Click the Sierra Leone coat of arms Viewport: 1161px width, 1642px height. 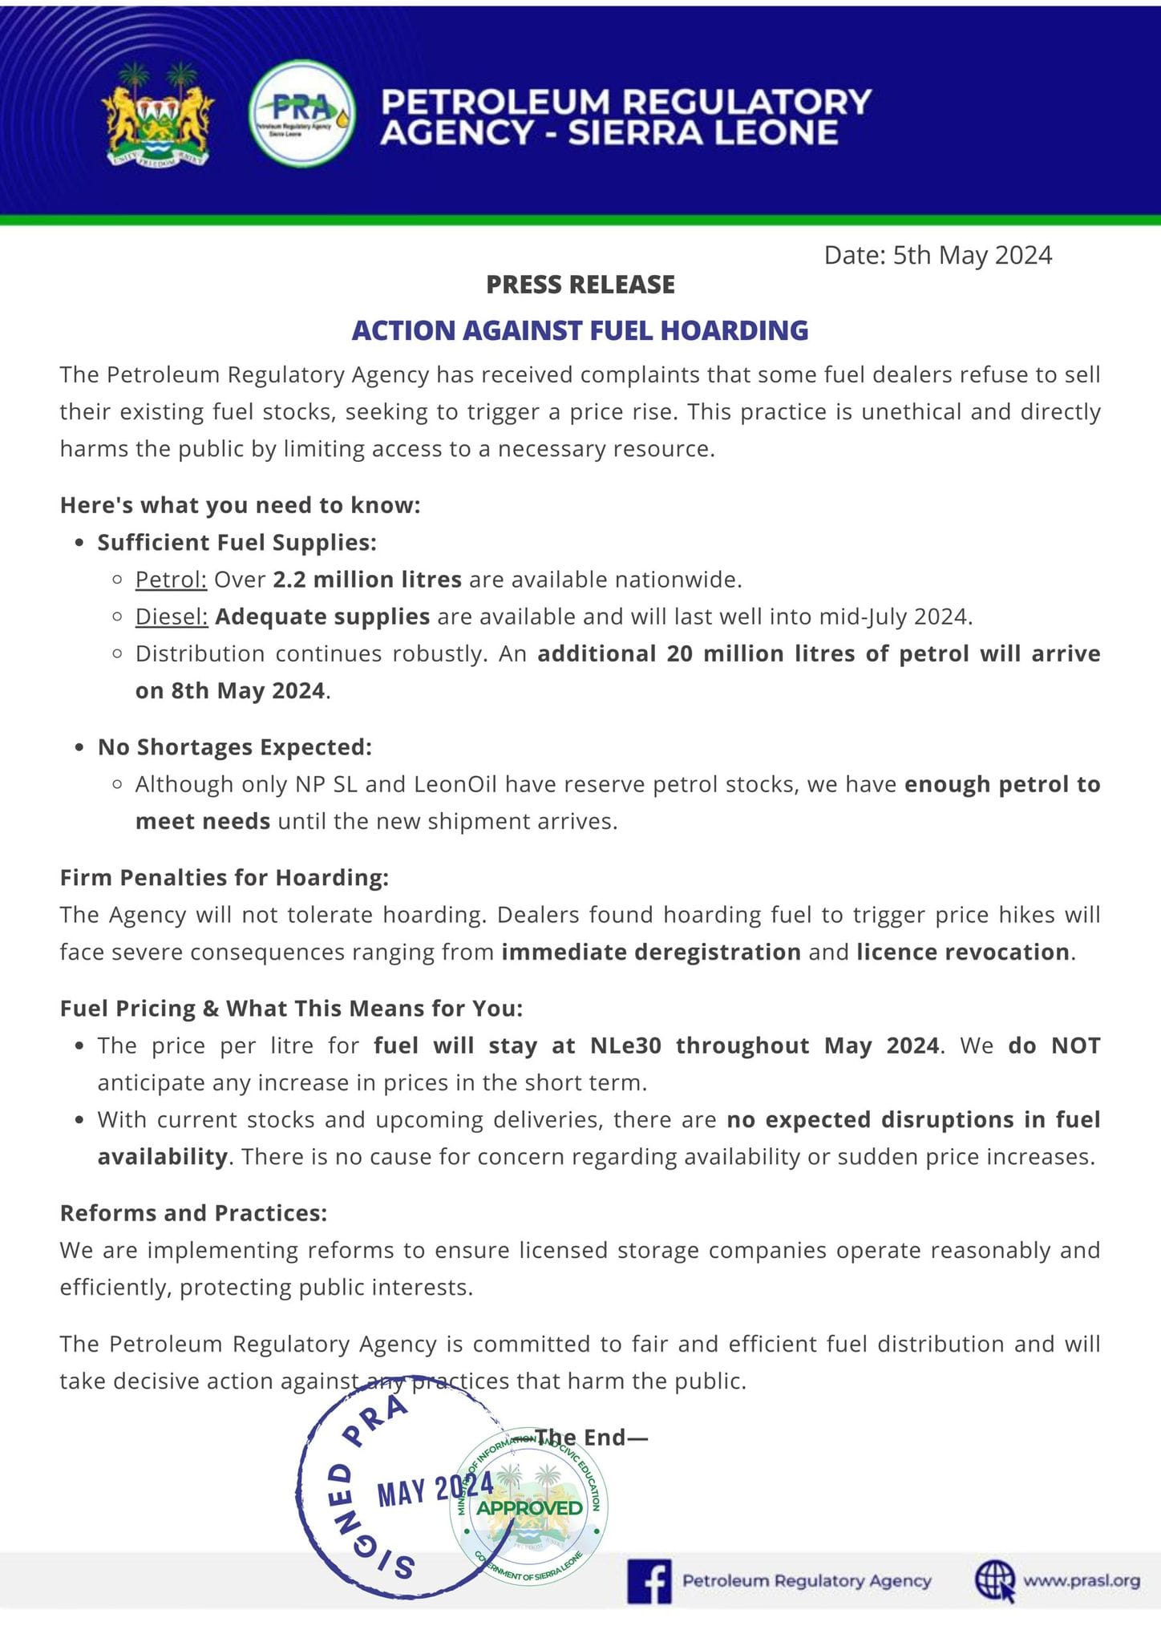click(158, 114)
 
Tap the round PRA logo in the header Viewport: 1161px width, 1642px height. click(302, 114)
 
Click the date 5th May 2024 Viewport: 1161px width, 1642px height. click(972, 255)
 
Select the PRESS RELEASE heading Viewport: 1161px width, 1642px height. click(580, 285)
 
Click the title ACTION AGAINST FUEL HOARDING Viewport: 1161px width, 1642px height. click(580, 330)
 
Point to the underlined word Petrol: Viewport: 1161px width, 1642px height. click(171, 579)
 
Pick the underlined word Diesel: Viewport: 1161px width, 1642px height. click(172, 617)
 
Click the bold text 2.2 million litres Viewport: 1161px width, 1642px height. click(367, 579)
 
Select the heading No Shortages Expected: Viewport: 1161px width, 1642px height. click(235, 747)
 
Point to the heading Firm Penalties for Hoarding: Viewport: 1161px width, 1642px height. click(225, 878)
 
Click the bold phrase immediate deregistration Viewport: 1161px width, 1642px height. click(651, 952)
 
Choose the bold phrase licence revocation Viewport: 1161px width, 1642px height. click(963, 952)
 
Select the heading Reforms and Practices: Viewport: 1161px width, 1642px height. click(193, 1213)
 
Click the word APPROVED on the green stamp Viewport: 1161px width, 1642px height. click(530, 1508)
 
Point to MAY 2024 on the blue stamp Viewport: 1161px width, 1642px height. click(435, 1490)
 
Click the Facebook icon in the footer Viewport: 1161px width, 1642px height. click(649, 1581)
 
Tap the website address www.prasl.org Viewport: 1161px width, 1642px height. click(1082, 1580)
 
